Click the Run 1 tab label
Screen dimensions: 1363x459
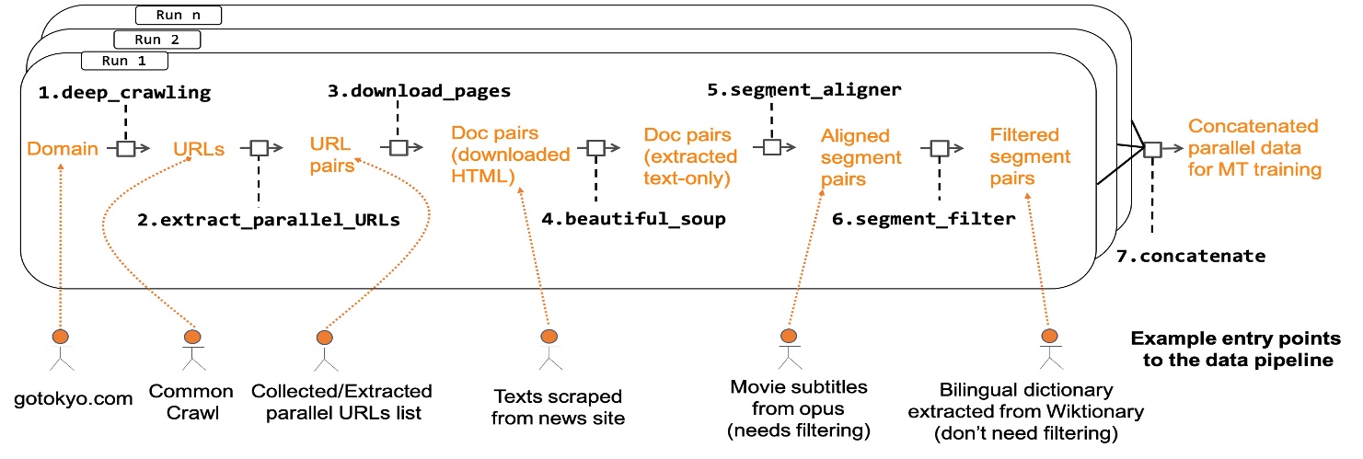[124, 61]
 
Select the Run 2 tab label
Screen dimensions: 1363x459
[157, 40]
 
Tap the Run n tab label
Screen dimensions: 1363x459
[179, 16]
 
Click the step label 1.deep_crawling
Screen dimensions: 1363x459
[125, 92]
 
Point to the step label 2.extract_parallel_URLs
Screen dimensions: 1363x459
[269, 220]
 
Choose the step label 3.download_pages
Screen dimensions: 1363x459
[420, 90]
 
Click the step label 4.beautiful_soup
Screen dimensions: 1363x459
[633, 218]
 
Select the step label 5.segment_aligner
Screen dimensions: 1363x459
[803, 90]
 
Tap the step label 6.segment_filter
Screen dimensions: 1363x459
[924, 218]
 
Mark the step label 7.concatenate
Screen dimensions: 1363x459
[1191, 256]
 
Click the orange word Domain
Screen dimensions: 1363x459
[63, 148]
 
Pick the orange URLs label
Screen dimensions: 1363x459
[199, 149]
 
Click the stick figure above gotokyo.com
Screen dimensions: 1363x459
[61, 350]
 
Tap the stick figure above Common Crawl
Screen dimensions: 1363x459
[193, 350]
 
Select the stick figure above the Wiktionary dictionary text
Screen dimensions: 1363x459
[1051, 349]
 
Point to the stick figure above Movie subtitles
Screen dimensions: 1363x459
[790, 349]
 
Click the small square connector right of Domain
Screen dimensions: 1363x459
[126, 148]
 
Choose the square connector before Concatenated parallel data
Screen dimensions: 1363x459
[1152, 149]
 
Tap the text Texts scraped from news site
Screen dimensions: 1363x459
[558, 407]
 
